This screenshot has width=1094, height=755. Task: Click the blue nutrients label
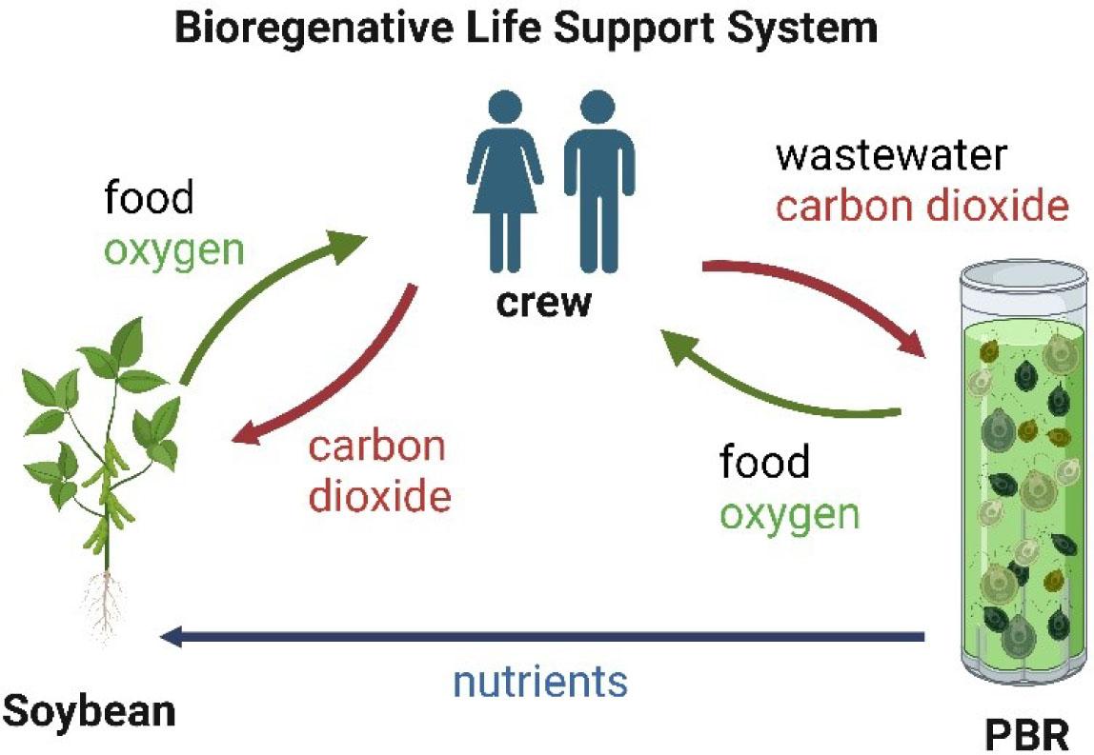(x=540, y=682)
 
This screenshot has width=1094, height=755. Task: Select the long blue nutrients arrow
(x=543, y=636)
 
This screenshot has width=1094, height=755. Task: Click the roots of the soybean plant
(x=108, y=600)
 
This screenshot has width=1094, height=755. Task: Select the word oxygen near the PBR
(x=790, y=514)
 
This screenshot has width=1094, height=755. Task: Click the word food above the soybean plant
(x=149, y=201)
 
